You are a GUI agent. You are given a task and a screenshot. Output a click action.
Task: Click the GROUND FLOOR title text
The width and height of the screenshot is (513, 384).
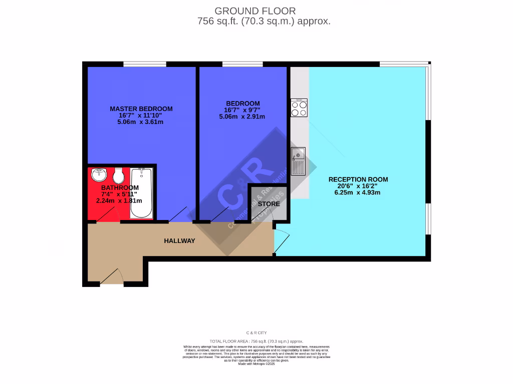click(x=255, y=10)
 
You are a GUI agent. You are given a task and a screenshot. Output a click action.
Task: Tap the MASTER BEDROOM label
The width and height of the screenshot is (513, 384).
click(x=141, y=108)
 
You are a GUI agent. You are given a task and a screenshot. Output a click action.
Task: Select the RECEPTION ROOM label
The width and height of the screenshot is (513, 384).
click(x=358, y=179)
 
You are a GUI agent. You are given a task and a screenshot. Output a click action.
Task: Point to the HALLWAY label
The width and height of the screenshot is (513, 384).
click(x=179, y=241)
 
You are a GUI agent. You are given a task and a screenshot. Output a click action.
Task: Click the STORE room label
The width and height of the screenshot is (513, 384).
click(x=269, y=204)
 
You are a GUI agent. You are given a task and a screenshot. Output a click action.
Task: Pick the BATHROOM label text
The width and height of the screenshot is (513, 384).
click(x=119, y=188)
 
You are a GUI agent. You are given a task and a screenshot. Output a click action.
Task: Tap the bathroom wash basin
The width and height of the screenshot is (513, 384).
click(x=99, y=175)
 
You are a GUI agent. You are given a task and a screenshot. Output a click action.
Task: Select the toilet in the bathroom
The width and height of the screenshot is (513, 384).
click(x=119, y=175)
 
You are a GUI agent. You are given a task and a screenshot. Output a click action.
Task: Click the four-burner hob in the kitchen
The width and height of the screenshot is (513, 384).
click(x=299, y=108)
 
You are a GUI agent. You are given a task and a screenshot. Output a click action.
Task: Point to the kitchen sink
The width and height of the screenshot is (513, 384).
click(x=298, y=161)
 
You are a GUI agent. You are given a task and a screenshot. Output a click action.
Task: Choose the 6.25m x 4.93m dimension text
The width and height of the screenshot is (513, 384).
click(x=358, y=192)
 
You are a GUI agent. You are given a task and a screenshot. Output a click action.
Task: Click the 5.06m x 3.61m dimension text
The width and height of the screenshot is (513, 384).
click(x=141, y=121)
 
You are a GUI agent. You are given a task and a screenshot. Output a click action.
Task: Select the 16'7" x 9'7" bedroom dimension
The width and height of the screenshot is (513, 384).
click(x=242, y=110)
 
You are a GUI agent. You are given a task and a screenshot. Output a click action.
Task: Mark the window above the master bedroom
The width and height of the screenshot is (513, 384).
click(x=145, y=64)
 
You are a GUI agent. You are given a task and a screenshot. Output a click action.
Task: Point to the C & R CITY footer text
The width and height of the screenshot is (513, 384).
click(x=256, y=332)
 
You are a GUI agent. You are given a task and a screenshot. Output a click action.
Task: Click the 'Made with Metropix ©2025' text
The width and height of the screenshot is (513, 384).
click(x=256, y=363)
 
